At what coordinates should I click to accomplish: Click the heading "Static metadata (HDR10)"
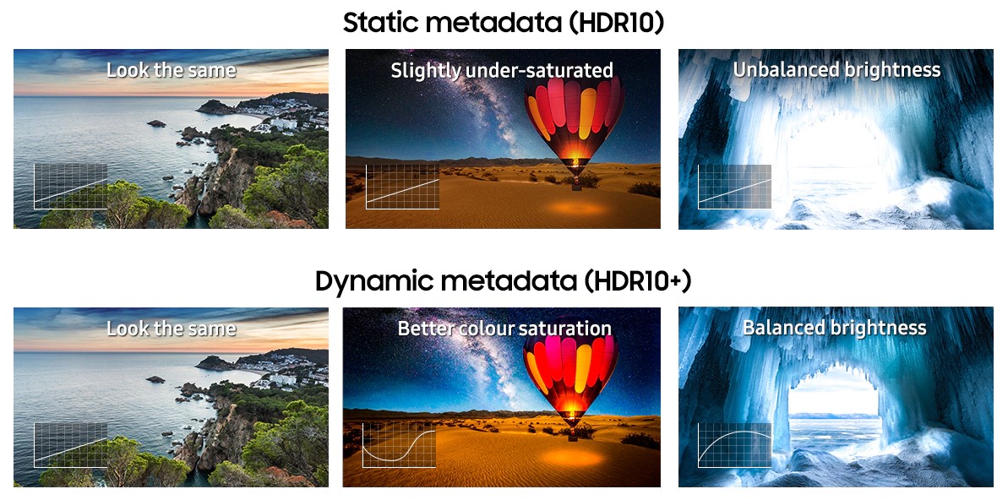pos(504,23)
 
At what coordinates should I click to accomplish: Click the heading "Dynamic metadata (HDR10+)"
pos(504,281)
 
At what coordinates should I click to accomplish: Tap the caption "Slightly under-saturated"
pos(502,71)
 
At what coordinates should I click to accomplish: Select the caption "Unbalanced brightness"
pos(837,69)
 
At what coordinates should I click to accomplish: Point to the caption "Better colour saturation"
pos(504,329)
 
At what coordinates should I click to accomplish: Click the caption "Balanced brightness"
pos(835,328)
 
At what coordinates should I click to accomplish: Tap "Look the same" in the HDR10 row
pos(171,69)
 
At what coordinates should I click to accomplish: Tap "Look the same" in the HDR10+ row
pos(171,329)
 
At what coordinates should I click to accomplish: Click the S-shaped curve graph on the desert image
pos(399,445)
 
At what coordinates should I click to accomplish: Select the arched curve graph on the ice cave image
pos(734,445)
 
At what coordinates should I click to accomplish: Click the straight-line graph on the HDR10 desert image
pos(402,187)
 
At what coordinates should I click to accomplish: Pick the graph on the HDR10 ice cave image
pos(734,187)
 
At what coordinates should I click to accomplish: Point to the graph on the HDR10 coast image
pos(71,186)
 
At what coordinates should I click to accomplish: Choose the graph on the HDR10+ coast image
pos(71,445)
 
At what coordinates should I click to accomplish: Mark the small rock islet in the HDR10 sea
pos(155,123)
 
